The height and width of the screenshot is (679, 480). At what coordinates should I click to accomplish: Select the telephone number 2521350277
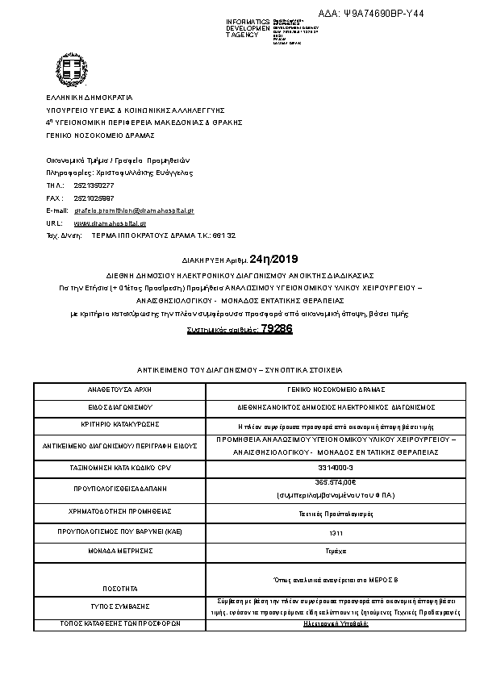click(x=94, y=185)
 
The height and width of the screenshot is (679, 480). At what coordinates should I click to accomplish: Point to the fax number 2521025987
click(x=94, y=198)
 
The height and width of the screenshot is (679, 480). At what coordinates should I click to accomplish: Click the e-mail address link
click(x=134, y=210)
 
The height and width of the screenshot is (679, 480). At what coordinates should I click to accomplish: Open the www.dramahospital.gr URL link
click(x=110, y=223)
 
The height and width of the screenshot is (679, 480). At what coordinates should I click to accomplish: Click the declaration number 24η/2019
click(x=274, y=259)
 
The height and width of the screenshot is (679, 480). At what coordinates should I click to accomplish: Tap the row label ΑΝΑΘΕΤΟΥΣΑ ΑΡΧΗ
click(x=119, y=389)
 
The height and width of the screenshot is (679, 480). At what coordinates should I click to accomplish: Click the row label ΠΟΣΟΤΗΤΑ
click(x=119, y=589)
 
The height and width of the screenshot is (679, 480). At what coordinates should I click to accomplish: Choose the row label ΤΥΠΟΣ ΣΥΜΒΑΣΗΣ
click(x=119, y=606)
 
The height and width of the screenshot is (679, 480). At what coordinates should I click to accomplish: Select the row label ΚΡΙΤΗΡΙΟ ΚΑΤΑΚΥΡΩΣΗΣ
click(x=119, y=423)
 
